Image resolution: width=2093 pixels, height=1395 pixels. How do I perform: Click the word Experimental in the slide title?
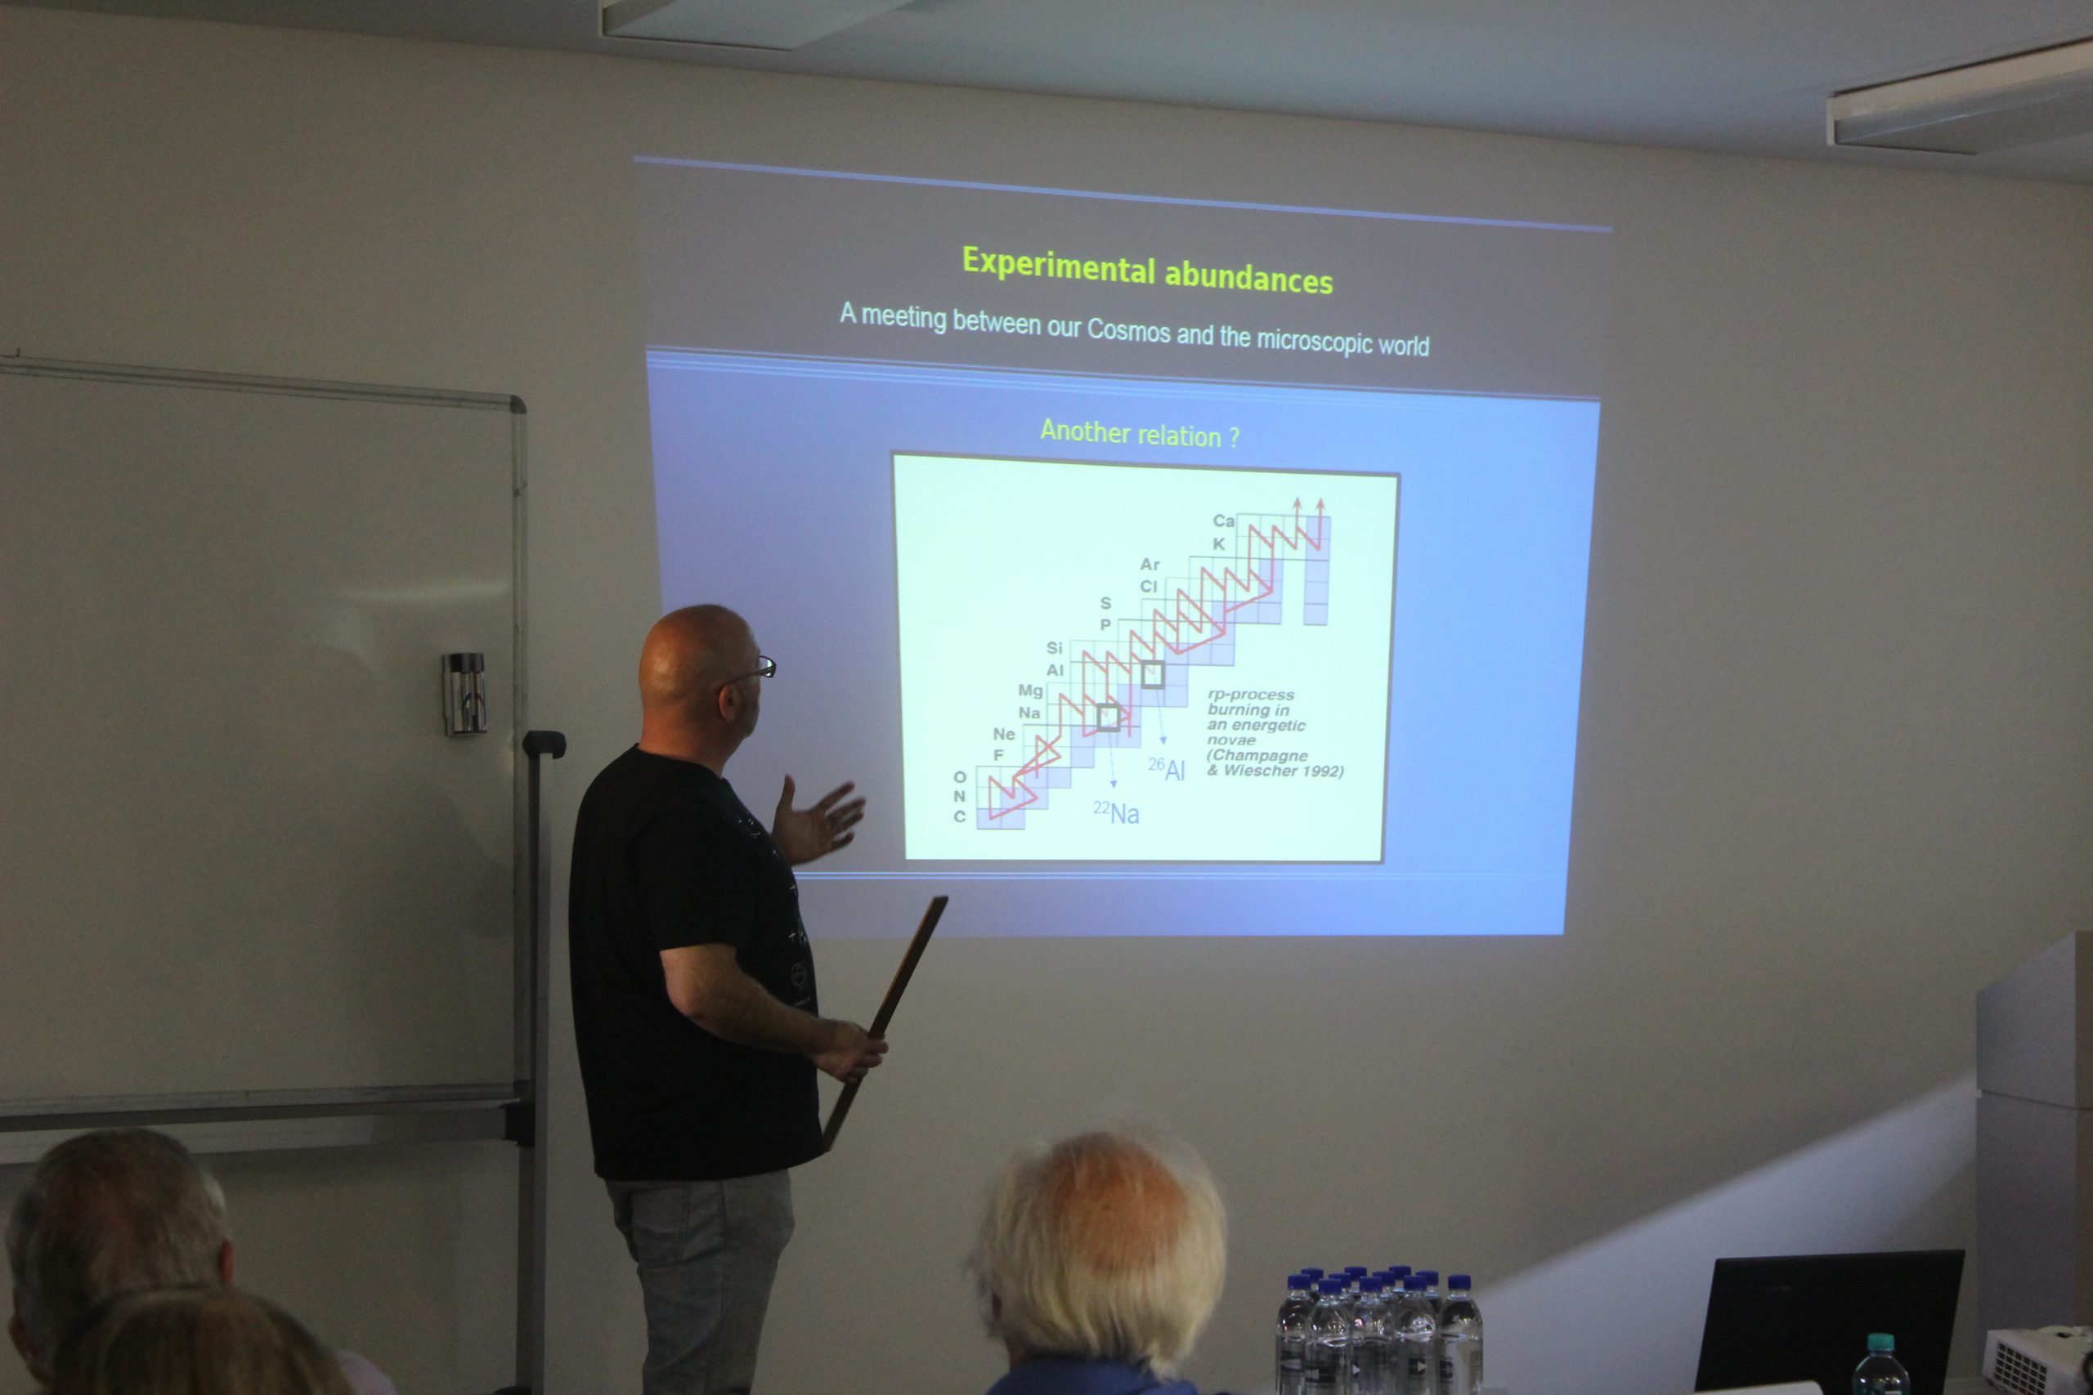tap(1058, 264)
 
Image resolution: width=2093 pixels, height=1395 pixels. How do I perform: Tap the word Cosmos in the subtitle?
tap(1128, 329)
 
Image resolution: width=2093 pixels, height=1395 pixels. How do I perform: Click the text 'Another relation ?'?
tap(1139, 433)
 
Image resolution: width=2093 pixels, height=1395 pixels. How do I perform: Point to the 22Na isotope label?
tap(1116, 812)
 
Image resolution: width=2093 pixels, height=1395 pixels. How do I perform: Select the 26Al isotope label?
tap(1166, 769)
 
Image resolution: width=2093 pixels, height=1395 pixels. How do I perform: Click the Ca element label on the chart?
tap(1224, 521)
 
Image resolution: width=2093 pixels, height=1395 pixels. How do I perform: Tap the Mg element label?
tap(1030, 691)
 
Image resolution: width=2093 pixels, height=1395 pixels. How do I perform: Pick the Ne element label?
tap(1004, 734)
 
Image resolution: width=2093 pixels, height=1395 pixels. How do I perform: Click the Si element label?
tap(1055, 648)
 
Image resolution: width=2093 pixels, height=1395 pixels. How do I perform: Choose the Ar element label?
tap(1150, 564)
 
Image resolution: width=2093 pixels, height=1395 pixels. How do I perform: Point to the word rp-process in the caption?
tap(1250, 695)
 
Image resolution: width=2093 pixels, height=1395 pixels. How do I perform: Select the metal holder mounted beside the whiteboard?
tap(464, 693)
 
